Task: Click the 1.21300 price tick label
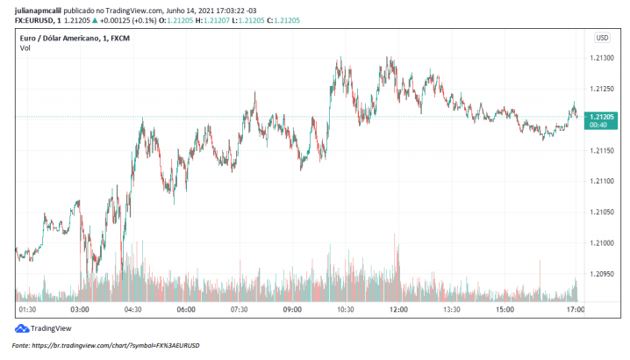pyautogui.click(x=601, y=58)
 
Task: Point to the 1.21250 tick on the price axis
pyautogui.click(x=601, y=89)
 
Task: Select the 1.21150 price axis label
pyautogui.click(x=601, y=150)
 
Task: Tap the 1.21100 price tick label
pyautogui.click(x=601, y=181)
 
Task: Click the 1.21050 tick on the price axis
pyautogui.click(x=601, y=212)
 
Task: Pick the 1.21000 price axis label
pyautogui.click(x=601, y=242)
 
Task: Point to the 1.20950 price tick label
pyautogui.click(x=601, y=273)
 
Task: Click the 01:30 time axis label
pyautogui.click(x=27, y=309)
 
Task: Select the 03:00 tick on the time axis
pyautogui.click(x=80, y=309)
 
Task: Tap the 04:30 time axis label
pyautogui.click(x=133, y=309)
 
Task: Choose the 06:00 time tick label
pyautogui.click(x=186, y=309)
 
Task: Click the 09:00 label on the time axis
pyautogui.click(x=292, y=309)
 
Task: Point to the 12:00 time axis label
pyautogui.click(x=398, y=309)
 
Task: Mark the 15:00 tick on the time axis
pyautogui.click(x=505, y=309)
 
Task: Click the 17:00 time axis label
pyautogui.click(x=575, y=309)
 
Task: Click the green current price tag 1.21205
pyautogui.click(x=601, y=117)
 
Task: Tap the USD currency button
pyautogui.click(x=602, y=38)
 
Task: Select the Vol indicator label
pyautogui.click(x=25, y=47)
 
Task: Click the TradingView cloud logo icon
pyautogui.click(x=21, y=328)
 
